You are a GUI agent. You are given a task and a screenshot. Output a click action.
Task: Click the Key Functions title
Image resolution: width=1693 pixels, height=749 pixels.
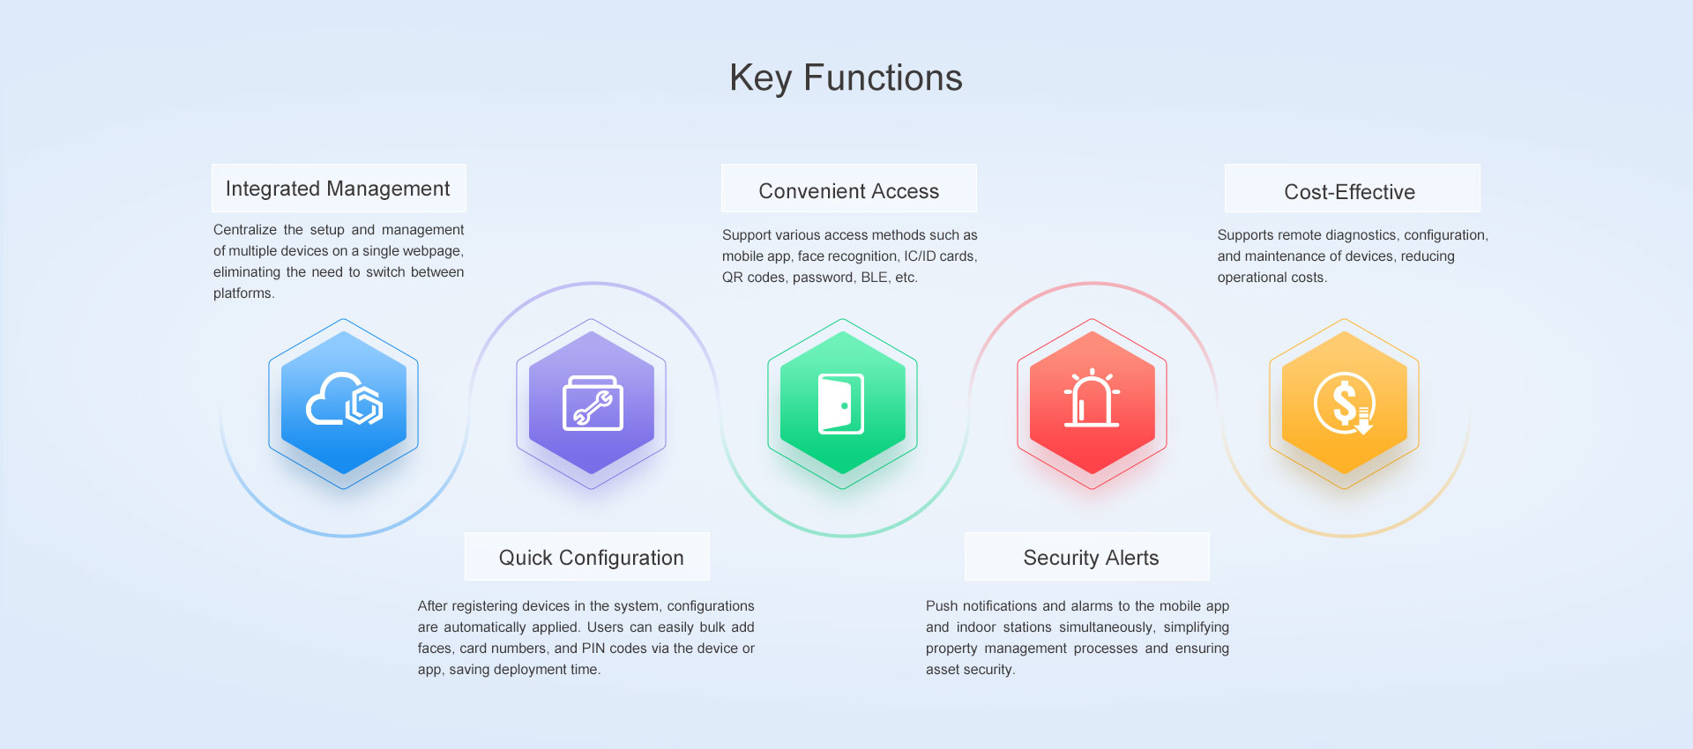pos(846,78)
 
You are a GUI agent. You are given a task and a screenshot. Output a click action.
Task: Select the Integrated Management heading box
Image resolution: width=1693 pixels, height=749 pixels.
pos(339,188)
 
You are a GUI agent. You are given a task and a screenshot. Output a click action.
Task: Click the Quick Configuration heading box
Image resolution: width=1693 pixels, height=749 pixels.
pos(587,556)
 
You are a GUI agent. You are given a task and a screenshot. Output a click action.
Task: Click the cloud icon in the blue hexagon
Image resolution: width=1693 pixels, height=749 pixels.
pos(344,401)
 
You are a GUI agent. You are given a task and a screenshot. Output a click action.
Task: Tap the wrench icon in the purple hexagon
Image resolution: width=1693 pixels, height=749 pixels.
pos(593,404)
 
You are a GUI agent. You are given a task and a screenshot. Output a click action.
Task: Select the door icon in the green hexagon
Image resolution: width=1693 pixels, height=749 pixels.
pos(841,404)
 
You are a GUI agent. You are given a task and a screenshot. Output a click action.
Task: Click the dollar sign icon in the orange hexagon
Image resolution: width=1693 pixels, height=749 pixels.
pos(1344,404)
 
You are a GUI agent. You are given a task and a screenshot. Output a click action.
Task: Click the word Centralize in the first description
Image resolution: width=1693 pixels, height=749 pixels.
pos(245,230)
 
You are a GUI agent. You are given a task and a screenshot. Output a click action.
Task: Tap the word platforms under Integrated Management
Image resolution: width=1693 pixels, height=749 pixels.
pos(244,293)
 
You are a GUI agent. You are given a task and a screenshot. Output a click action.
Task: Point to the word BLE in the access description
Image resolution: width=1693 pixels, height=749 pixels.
pos(875,278)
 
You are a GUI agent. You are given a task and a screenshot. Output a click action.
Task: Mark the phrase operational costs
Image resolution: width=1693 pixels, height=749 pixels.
pos(1272,278)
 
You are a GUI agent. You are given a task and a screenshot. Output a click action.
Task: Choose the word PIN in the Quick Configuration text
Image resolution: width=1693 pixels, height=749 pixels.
pos(593,649)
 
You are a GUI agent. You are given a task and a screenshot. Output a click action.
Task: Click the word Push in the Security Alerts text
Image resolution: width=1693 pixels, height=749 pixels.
pos(942,606)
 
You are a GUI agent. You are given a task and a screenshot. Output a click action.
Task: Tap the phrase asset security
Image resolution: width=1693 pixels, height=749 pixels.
pos(971,670)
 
